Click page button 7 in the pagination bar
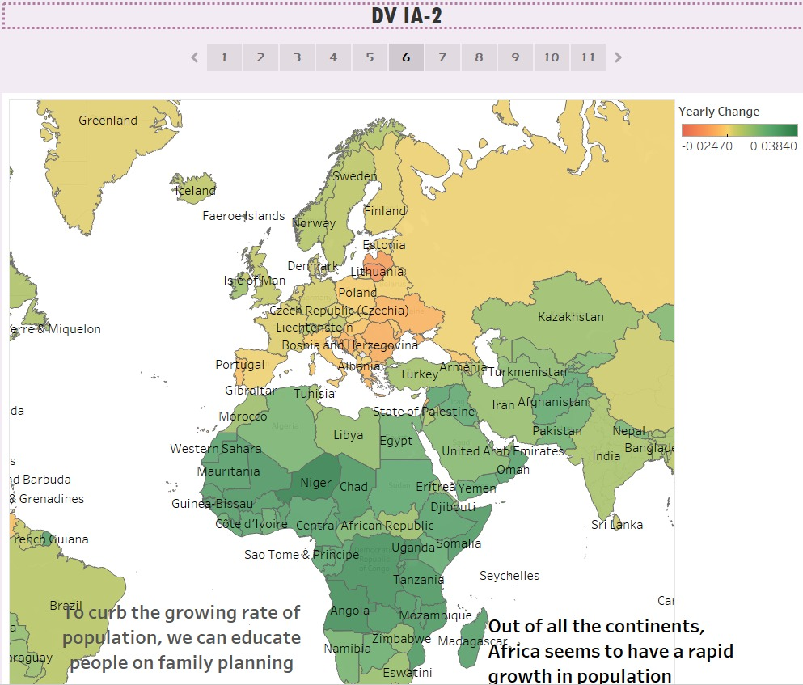pyautogui.click(x=442, y=57)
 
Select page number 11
pyautogui.click(x=588, y=57)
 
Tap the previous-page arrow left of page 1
pyautogui.click(x=194, y=57)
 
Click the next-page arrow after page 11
pyautogui.click(x=619, y=57)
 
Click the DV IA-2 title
pyautogui.click(x=407, y=15)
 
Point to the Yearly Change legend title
pyautogui.click(x=719, y=112)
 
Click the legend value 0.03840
pyautogui.click(x=773, y=146)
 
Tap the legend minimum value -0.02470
pyautogui.click(x=707, y=146)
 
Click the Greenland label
pyautogui.click(x=108, y=121)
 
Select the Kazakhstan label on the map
pyautogui.click(x=571, y=317)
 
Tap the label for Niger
pyautogui.click(x=315, y=484)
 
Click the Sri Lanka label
pyautogui.click(x=617, y=525)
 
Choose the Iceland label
pyautogui.click(x=196, y=192)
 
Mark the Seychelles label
pyautogui.click(x=509, y=576)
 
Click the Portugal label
pyautogui.click(x=240, y=365)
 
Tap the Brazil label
pyautogui.click(x=66, y=606)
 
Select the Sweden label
pyautogui.click(x=355, y=176)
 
